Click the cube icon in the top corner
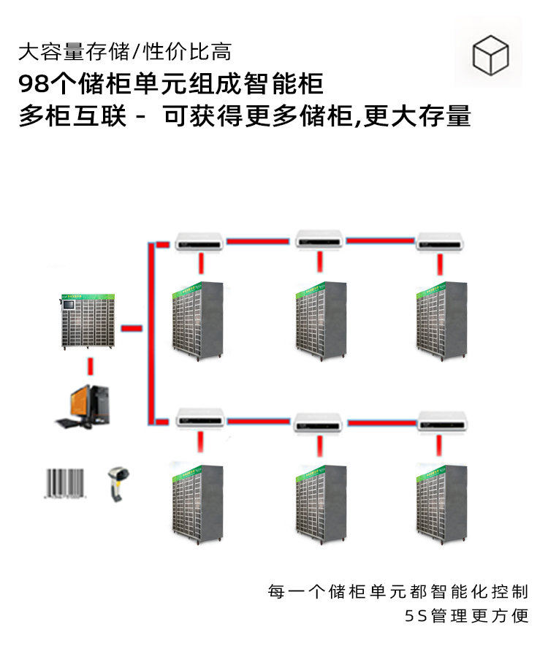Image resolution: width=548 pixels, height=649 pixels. tap(490, 54)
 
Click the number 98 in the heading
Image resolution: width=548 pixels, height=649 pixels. tap(33, 84)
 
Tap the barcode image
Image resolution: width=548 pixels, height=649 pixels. tap(64, 483)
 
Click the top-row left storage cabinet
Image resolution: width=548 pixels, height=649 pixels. tap(197, 319)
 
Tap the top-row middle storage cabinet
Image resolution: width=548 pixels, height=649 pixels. tap(321, 319)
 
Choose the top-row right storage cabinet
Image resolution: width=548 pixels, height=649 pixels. tap(441, 319)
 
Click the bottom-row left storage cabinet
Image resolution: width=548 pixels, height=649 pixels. tap(197, 500)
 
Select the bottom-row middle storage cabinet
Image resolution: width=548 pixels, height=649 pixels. tap(321, 500)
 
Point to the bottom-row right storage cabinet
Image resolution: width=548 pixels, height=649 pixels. tap(441, 500)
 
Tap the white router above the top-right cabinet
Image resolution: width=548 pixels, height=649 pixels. tap(441, 240)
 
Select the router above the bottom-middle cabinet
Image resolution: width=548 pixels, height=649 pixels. tap(319, 422)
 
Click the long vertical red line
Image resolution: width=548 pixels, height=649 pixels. tap(151, 333)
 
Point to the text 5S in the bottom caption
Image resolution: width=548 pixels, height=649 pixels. tap(415, 616)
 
